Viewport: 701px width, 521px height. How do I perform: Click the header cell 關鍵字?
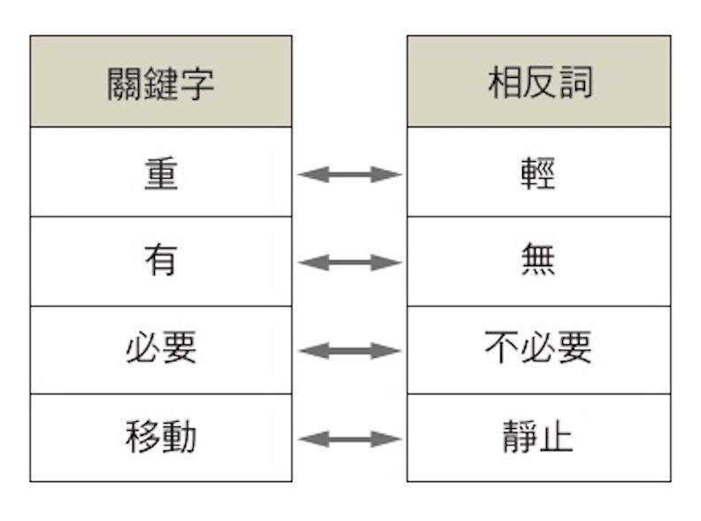point(160,82)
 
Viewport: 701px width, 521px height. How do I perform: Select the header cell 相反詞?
point(538,82)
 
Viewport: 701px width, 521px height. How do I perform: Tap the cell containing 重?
point(160,172)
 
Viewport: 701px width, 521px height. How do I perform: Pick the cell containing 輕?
point(538,172)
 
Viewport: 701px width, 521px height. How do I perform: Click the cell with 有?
point(160,262)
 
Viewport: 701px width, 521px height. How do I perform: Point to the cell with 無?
point(538,262)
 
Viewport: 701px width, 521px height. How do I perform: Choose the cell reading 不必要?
point(538,349)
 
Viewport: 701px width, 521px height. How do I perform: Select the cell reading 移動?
point(160,438)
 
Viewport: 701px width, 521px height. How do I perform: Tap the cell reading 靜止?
point(538,438)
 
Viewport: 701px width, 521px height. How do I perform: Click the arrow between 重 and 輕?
point(350,174)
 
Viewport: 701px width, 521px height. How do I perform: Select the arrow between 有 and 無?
point(350,263)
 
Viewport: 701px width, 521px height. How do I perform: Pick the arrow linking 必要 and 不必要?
point(350,351)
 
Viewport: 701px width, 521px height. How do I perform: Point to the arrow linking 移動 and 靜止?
point(350,439)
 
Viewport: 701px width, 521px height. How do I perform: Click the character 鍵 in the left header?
point(160,83)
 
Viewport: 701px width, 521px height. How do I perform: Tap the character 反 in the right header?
point(539,82)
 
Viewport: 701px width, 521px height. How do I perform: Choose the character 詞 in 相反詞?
point(575,82)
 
